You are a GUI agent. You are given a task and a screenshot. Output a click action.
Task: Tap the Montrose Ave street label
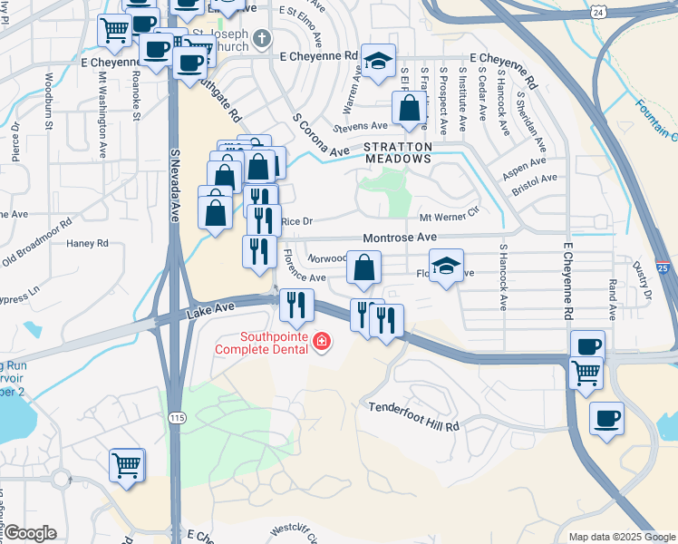(400, 238)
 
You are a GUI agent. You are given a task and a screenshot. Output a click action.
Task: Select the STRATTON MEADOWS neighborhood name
(397, 152)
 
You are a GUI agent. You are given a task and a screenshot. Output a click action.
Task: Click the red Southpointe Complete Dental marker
(321, 341)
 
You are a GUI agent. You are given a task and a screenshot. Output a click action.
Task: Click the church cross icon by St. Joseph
(262, 38)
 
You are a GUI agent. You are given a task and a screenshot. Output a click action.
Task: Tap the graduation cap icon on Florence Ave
(446, 266)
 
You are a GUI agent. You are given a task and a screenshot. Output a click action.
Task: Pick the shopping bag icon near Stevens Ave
(410, 107)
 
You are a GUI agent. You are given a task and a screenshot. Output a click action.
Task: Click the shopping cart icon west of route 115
(127, 465)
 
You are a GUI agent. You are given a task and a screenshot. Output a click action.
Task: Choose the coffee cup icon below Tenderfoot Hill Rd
(606, 418)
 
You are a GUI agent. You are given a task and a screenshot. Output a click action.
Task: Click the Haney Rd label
(87, 243)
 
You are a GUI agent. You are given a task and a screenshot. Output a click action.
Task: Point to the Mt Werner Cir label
(448, 218)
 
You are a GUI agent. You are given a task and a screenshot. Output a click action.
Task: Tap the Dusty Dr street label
(642, 280)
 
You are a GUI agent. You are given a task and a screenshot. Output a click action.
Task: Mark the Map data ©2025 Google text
(621, 537)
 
